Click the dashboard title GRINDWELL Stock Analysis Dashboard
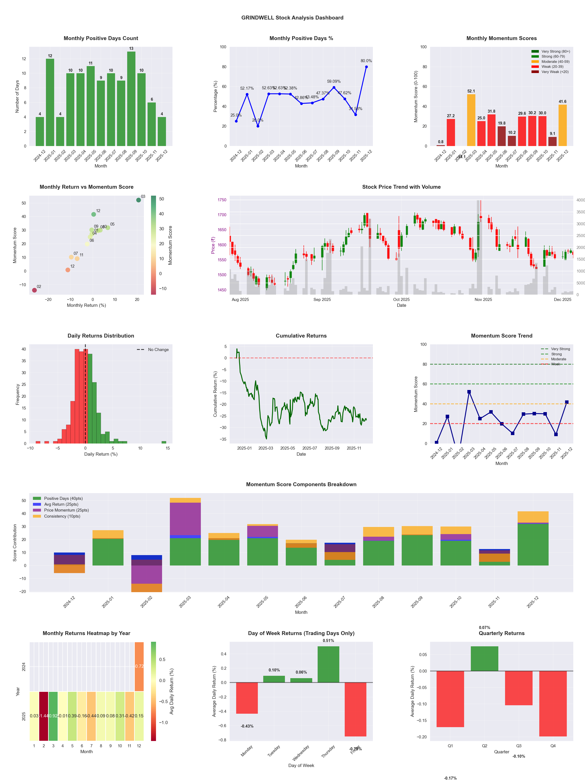coord(292,18)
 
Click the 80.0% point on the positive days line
coord(366,67)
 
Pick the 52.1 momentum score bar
coord(471,120)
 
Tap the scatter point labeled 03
coord(139,200)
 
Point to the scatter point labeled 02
coord(34,290)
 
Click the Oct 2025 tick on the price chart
coord(401,299)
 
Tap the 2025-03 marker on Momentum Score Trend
coord(469,392)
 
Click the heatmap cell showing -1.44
coord(44,716)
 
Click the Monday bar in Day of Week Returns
coord(247,698)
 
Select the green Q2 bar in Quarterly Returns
coord(484,658)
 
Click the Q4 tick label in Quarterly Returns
coord(553,746)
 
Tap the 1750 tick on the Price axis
coord(222,200)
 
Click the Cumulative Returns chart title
coord(301,336)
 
